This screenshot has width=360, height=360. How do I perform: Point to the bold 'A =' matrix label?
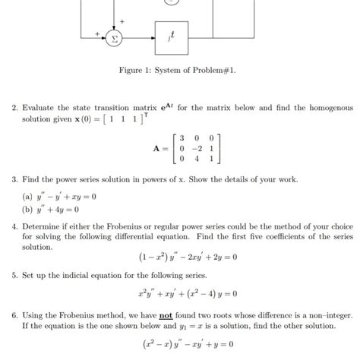coord(161,149)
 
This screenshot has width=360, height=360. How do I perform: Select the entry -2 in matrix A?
coord(195,150)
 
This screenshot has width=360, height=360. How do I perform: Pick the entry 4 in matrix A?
coord(197,159)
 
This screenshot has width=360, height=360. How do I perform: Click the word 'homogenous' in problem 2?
coord(329,109)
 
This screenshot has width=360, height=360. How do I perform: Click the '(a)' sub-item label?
coord(28,196)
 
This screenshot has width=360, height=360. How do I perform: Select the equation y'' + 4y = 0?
coord(62,209)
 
